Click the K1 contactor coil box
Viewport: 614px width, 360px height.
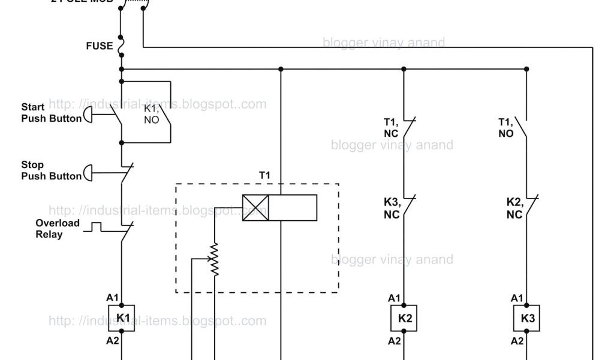pos(122,318)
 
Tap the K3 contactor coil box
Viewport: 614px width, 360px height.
pos(528,318)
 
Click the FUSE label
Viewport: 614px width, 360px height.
pos(99,46)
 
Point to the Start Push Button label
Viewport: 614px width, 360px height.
pos(51,113)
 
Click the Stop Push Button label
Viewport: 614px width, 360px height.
pos(51,170)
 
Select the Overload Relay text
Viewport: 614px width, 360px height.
pos(57,229)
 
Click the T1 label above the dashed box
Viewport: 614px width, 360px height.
pos(264,175)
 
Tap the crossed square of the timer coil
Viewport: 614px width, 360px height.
pos(255,208)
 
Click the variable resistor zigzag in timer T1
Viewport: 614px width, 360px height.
pos(214,260)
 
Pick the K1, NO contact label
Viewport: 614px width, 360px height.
pos(151,114)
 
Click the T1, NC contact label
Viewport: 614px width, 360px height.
pos(392,127)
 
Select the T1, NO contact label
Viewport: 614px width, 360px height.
pos(507,127)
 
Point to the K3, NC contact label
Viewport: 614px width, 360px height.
pos(392,209)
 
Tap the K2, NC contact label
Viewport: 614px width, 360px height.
pos(514,209)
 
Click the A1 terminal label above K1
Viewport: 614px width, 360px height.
pos(113,298)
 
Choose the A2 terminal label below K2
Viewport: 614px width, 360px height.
pos(394,341)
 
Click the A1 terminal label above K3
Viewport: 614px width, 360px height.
pos(516,298)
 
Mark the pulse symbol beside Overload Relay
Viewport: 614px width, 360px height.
pos(96,227)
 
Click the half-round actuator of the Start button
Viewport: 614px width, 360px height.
pos(88,114)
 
